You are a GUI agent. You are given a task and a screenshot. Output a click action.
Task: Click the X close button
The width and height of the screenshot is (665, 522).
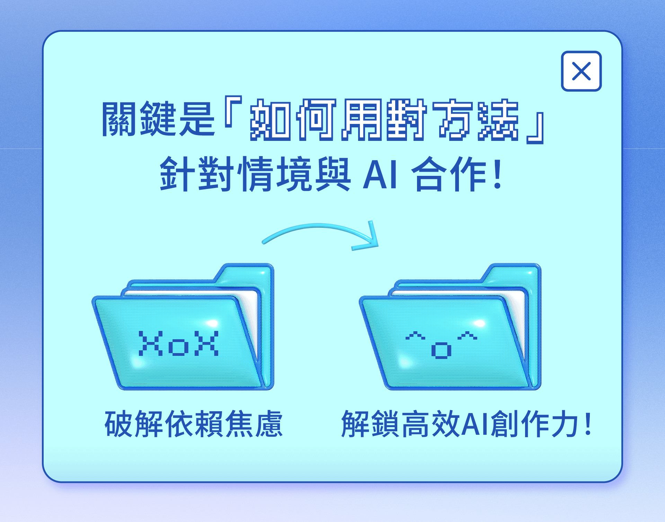click(581, 71)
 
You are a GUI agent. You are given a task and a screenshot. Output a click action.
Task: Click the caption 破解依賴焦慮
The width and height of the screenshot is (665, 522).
click(194, 424)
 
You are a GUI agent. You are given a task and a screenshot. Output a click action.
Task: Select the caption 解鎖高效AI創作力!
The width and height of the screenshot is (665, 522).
click(466, 424)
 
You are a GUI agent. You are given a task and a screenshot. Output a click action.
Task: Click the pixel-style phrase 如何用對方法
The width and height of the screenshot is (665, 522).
click(384, 119)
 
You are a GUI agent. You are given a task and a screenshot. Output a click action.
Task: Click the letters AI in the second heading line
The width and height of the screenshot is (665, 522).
click(380, 175)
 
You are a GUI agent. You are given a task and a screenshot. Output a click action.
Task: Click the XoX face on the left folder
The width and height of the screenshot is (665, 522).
click(179, 343)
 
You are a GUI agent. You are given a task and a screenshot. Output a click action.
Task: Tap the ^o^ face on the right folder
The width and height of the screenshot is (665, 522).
click(441, 344)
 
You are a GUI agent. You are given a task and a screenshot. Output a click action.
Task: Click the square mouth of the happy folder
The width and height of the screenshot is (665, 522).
click(441, 350)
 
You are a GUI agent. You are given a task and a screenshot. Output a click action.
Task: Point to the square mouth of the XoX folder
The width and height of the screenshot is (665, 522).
click(179, 347)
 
